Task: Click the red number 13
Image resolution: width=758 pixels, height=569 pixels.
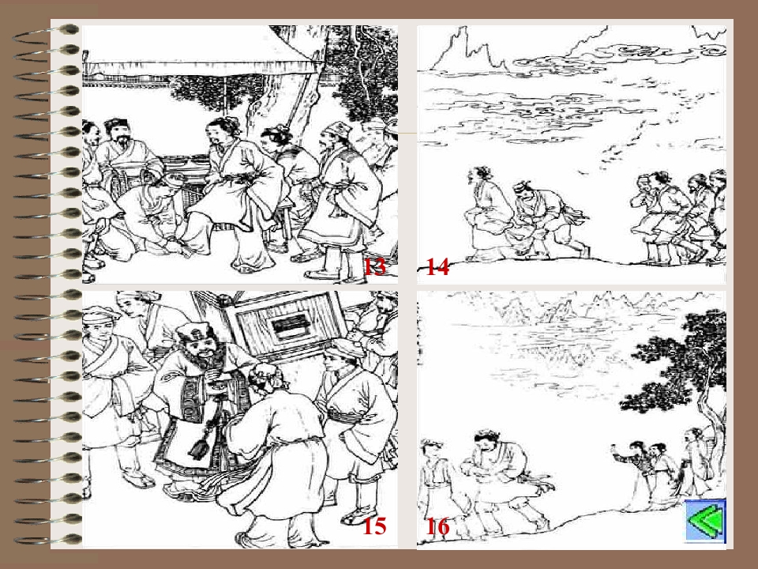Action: coord(374,266)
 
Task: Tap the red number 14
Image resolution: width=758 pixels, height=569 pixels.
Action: coord(437,266)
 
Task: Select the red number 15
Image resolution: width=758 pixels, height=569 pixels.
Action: coord(374,526)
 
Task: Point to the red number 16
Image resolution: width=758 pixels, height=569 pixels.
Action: coord(437,526)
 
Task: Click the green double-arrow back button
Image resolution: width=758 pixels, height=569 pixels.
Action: coord(705,521)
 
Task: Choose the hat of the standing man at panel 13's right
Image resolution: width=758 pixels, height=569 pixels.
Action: coord(337,130)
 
